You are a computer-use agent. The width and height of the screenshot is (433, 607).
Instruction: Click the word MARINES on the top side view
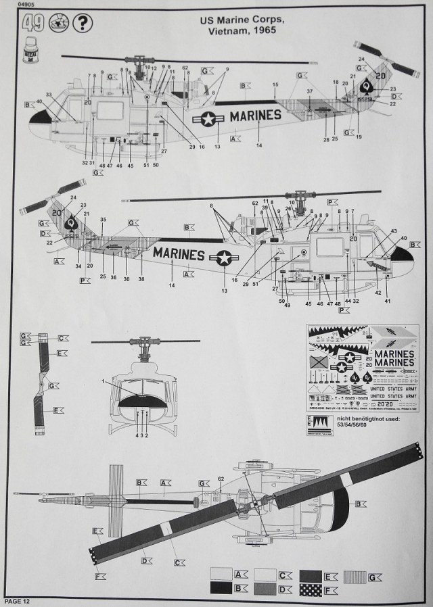point(255,115)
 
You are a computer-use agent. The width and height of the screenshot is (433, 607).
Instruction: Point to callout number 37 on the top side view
point(309,91)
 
